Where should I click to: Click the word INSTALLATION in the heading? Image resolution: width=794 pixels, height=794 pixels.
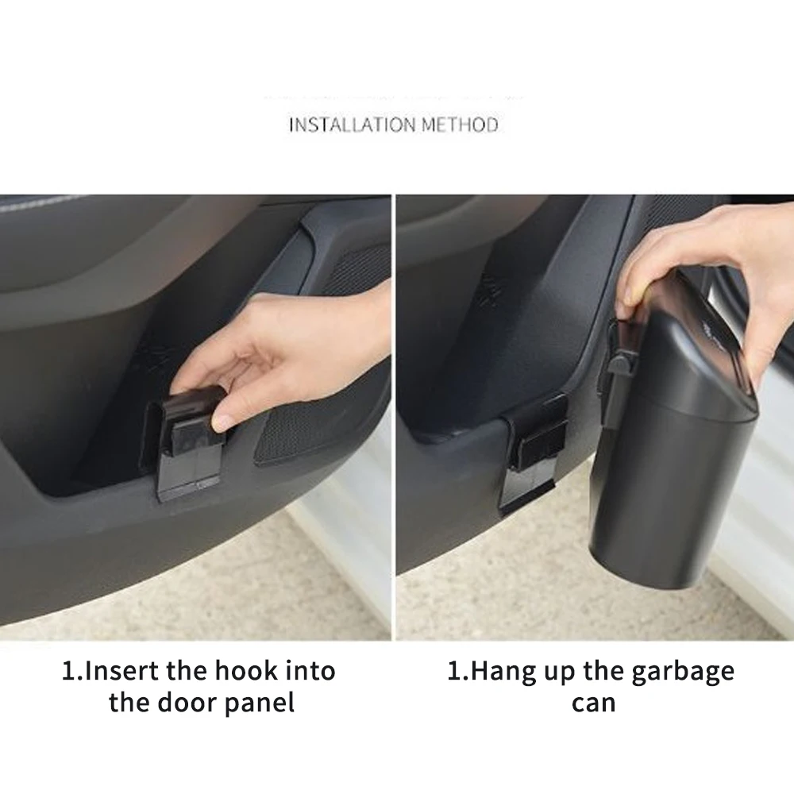(353, 125)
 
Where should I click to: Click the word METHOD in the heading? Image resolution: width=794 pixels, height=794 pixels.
(460, 125)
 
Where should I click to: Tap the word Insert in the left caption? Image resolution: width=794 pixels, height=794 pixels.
(121, 671)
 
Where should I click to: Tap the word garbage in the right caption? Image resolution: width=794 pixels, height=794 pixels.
(683, 673)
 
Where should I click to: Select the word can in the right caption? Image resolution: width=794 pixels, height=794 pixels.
(593, 702)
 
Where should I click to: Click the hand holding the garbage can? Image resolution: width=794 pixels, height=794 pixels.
(699, 254)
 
